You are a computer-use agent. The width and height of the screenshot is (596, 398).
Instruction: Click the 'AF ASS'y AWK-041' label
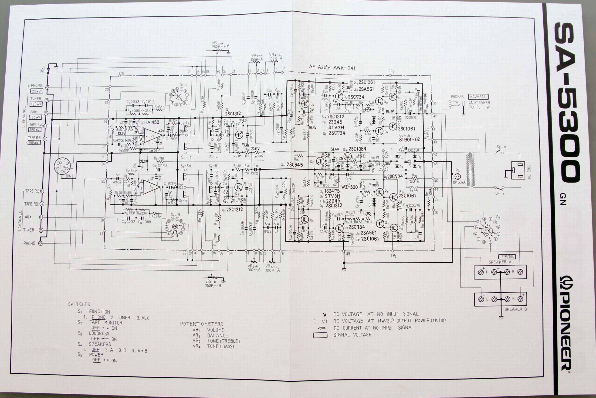[332, 67]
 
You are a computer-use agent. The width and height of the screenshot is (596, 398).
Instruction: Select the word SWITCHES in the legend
[79, 304]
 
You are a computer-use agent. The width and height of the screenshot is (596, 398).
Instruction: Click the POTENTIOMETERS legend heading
[201, 324]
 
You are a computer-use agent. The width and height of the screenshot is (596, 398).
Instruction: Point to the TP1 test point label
[391, 71]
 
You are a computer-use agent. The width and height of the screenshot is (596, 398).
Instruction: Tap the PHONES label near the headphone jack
[457, 97]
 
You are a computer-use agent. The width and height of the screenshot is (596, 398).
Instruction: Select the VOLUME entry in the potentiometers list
[216, 330]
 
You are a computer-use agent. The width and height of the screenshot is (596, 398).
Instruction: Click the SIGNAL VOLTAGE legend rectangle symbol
[320, 335]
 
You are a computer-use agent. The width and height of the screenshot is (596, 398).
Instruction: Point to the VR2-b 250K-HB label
[213, 283]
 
